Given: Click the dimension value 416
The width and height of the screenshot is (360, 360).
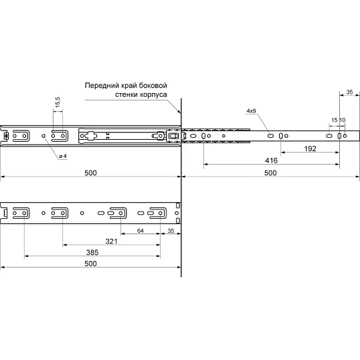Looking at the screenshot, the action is [271, 161].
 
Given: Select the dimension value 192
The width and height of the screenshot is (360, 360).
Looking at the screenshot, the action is [310, 149].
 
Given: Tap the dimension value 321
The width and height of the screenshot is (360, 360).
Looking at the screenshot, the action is [111, 242].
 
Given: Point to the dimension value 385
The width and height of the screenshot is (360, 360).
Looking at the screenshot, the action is [92, 252].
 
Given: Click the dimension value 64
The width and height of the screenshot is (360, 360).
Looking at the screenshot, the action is [141, 231].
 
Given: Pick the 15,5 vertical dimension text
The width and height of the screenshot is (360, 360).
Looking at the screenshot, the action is [58, 102].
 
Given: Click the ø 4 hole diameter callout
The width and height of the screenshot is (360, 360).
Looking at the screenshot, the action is [63, 157].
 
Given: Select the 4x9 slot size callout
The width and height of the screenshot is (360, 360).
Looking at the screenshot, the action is [251, 111].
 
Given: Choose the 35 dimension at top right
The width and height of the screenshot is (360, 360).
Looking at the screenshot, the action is [349, 92].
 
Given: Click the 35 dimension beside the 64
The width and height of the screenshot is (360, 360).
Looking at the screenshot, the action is [171, 231].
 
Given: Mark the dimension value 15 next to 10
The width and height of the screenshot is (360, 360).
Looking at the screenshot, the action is [335, 120].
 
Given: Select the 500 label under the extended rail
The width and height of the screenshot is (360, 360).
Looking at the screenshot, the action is [270, 173].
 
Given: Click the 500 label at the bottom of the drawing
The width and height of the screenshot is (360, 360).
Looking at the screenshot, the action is [91, 264].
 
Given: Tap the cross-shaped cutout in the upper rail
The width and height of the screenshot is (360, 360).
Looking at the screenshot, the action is [92, 136].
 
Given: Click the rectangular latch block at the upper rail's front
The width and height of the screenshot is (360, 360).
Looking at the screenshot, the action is [173, 136].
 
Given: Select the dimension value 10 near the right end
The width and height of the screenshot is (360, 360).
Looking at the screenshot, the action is [342, 120].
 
